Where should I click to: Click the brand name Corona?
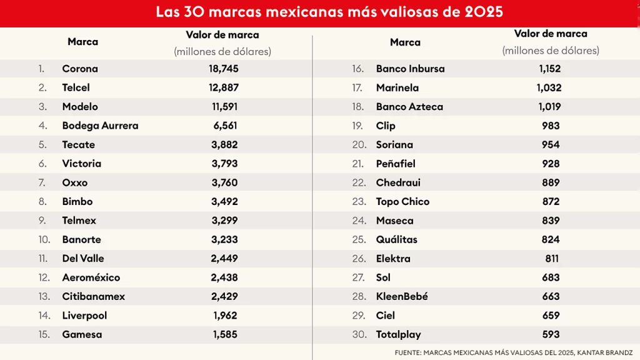[80, 69]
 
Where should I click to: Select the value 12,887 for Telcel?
[223, 87]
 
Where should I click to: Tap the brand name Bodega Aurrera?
[100, 126]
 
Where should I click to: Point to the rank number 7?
[42, 182]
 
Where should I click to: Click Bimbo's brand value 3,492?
[225, 201]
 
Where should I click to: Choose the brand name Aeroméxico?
[91, 277]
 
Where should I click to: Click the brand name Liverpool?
[84, 316]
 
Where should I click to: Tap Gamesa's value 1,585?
[225, 334]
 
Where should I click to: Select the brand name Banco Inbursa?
[410, 69]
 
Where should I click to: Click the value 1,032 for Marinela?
[549, 87]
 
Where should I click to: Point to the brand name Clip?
[386, 126]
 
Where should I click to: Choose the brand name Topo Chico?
[402, 201]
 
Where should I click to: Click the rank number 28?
[359, 296]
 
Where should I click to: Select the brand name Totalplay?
[398, 334]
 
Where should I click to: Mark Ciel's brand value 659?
[551, 316]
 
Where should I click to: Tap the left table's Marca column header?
[82, 42]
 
